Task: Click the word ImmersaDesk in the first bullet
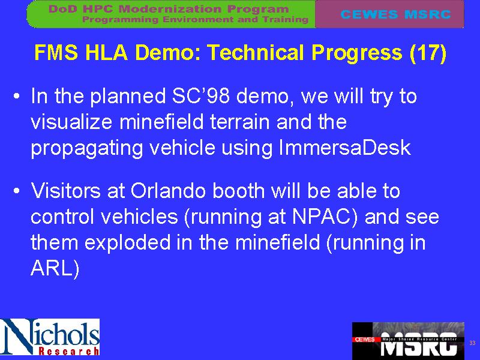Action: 344,148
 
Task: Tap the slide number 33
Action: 472,343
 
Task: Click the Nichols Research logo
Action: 50,337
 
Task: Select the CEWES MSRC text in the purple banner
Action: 395,14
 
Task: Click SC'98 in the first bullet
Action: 201,96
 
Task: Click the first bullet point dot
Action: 17,96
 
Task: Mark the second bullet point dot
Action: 17,191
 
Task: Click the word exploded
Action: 127,242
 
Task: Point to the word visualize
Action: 71,122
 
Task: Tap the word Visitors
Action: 66,191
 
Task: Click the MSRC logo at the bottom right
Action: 408,340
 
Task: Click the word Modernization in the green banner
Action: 170,8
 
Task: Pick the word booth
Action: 238,191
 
